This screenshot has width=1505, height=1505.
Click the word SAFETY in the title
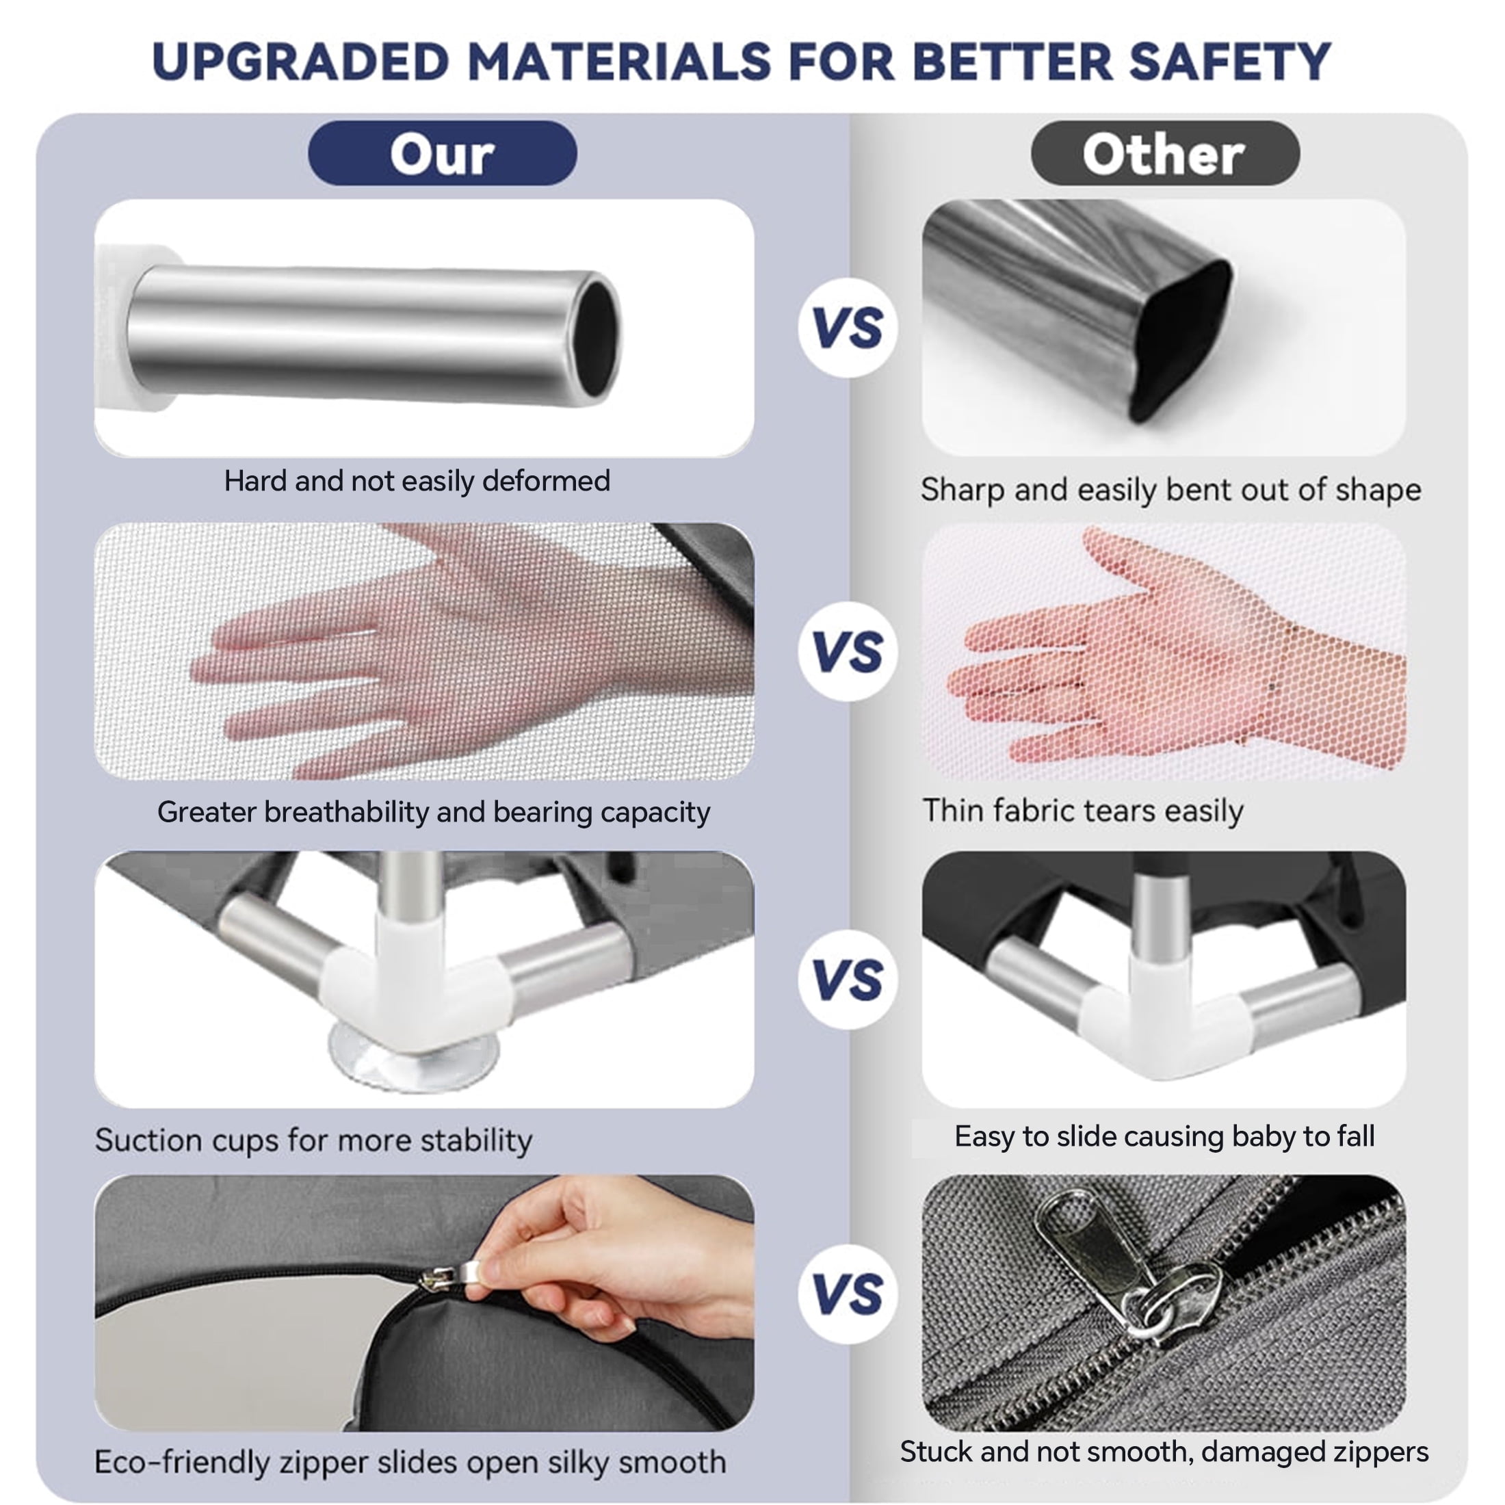tap(1230, 62)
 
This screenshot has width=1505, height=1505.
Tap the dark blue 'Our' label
tap(443, 153)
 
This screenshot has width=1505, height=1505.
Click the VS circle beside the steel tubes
tap(848, 327)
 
